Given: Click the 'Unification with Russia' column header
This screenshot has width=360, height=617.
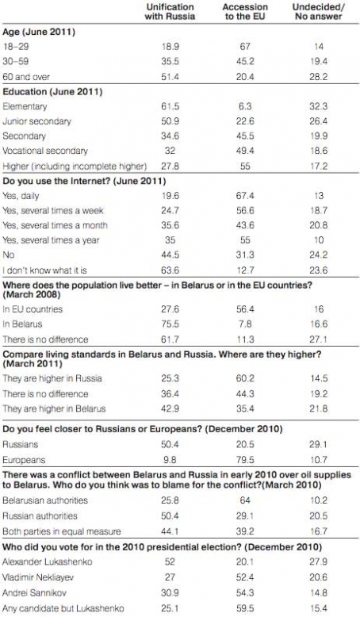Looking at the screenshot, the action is pyautogui.click(x=170, y=12).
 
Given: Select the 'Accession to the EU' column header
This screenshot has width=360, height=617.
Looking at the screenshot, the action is pyautogui.click(x=245, y=12).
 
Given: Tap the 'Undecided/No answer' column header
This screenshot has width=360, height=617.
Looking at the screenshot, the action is pyautogui.click(x=318, y=12).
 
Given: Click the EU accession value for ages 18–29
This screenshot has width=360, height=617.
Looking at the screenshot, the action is pyautogui.click(x=245, y=47).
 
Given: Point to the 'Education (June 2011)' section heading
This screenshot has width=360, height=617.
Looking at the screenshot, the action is pyautogui.click(x=52, y=92).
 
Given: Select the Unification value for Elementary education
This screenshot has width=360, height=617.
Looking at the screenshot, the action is pyautogui.click(x=170, y=106).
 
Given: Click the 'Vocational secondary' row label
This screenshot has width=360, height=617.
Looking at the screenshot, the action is pyautogui.click(x=45, y=151).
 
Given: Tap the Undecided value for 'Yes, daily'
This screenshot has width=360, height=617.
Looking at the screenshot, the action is pyautogui.click(x=319, y=196).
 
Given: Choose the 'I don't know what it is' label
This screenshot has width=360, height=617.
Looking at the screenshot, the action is pyautogui.click(x=45, y=270).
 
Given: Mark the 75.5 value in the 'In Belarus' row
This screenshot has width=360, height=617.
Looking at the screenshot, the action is pyautogui.click(x=170, y=324).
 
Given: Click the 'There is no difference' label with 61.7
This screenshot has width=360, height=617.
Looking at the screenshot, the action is pyautogui.click(x=45, y=339).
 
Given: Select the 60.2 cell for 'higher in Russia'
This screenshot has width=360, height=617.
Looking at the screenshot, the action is pyautogui.click(x=245, y=378).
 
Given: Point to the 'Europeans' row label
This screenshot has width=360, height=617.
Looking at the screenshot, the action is pyautogui.click(x=24, y=460).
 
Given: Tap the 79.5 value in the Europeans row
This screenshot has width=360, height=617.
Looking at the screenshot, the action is pyautogui.click(x=245, y=460).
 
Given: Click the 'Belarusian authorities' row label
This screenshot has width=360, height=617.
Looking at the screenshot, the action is pyautogui.click(x=45, y=500).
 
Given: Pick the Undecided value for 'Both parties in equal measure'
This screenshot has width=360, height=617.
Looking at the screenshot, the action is pyautogui.click(x=319, y=531).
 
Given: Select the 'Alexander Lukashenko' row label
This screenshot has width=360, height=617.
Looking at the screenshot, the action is pyautogui.click(x=48, y=561).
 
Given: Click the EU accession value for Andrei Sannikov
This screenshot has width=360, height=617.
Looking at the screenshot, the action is pyautogui.click(x=245, y=592).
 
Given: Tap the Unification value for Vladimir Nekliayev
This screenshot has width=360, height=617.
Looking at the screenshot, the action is pyautogui.click(x=170, y=577).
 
